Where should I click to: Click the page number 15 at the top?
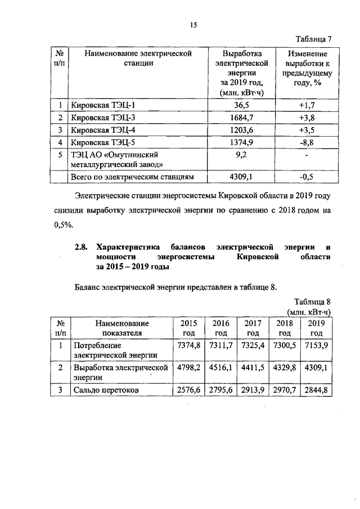coord(193,25)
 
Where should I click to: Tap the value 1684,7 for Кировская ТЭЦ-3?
coord(242,118)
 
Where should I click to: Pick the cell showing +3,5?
coord(307,130)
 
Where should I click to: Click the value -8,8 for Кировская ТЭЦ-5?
coord(307,142)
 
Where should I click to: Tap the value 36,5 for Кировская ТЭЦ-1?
coord(242,105)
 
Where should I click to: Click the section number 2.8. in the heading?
coord(83,247)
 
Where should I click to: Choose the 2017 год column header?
coord(252,328)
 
